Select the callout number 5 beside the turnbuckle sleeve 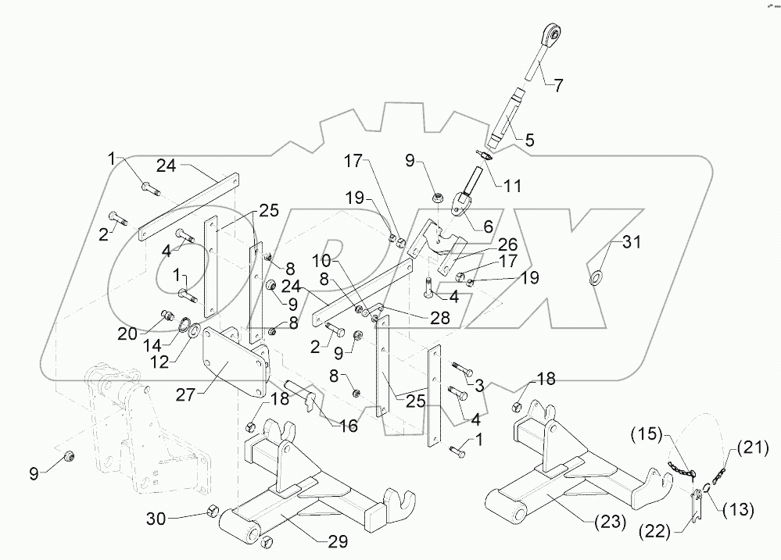point(529,141)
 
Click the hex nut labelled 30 point(211,512)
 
